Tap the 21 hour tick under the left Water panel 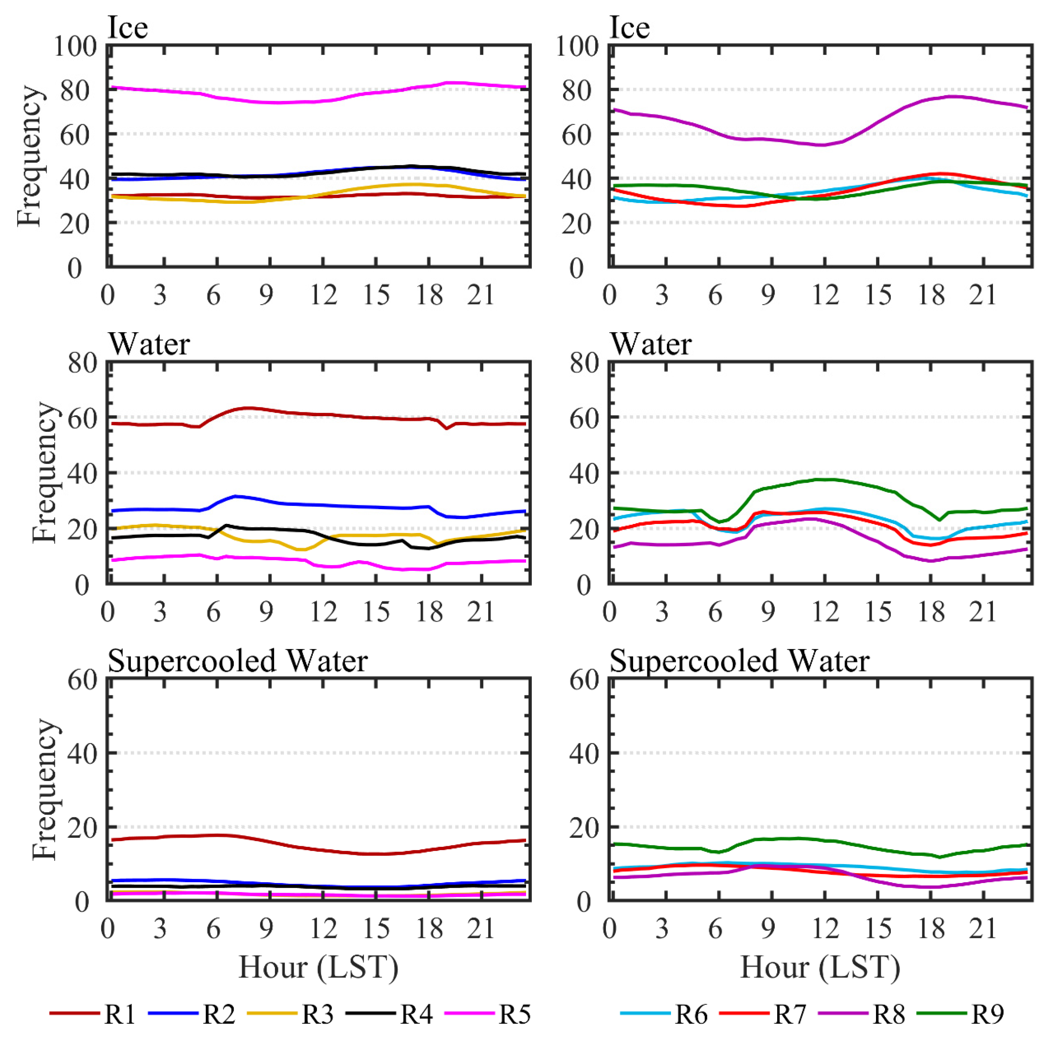tap(481, 612)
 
